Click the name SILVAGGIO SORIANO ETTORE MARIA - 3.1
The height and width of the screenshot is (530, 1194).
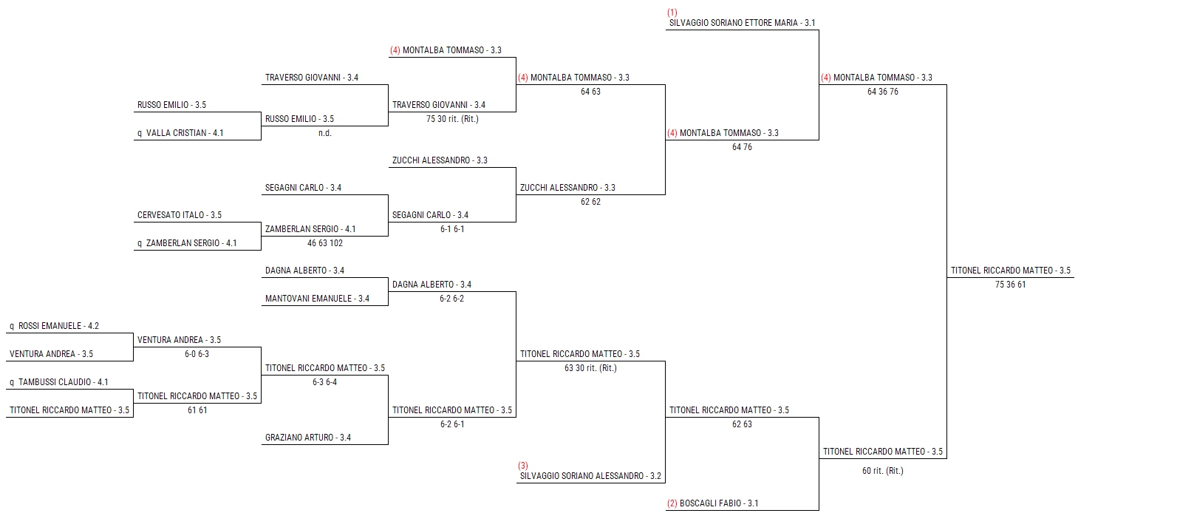[742, 23]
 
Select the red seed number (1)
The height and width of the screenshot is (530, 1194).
[672, 13]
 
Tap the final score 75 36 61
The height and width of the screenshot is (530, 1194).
[1010, 285]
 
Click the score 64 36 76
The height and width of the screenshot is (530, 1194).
[882, 92]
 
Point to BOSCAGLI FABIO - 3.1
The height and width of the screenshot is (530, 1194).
[712, 503]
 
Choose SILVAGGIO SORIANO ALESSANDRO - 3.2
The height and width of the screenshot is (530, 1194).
[590, 476]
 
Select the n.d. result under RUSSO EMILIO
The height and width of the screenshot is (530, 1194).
[324, 133]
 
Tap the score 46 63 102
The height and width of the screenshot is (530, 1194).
[324, 243]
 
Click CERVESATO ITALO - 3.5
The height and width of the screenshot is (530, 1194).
[179, 215]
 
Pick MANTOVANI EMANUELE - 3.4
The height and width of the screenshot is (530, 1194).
[317, 299]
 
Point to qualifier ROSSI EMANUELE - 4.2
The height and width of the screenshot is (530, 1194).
[54, 326]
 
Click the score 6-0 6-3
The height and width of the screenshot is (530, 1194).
[197, 354]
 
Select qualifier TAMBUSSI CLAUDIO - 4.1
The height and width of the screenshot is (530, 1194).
[58, 382]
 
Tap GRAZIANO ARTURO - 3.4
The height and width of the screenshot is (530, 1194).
[307, 438]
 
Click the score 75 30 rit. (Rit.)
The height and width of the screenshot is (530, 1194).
[452, 119]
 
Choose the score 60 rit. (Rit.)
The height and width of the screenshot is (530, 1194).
[882, 471]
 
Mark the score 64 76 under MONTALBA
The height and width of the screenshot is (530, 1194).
[742, 147]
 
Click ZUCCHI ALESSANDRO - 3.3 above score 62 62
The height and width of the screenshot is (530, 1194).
[567, 188]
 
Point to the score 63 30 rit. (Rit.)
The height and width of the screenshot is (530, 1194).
[590, 368]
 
